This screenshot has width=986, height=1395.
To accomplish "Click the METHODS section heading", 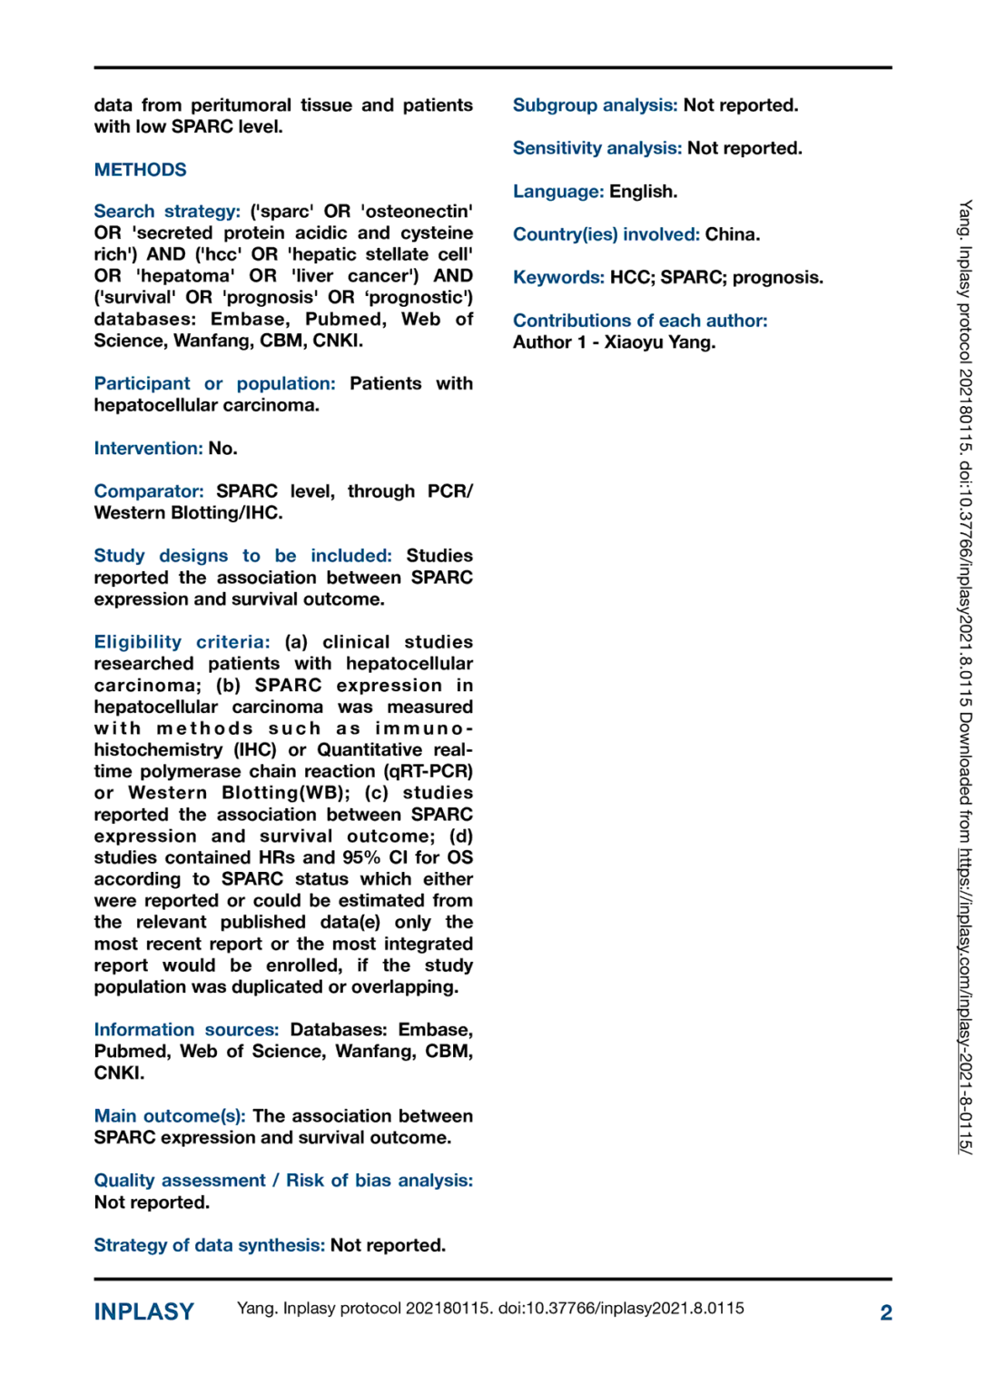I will (140, 170).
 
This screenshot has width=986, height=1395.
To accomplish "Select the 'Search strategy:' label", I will (167, 212).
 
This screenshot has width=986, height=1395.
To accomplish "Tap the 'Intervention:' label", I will (148, 449).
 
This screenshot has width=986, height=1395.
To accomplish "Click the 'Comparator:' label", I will (149, 491).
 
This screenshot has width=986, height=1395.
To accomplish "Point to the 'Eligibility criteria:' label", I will (182, 642).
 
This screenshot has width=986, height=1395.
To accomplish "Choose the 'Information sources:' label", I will (186, 1030).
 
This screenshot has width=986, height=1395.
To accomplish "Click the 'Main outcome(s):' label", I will (170, 1116).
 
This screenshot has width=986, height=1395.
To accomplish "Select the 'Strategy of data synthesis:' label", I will (209, 1245).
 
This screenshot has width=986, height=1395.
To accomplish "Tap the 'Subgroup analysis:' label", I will (595, 105).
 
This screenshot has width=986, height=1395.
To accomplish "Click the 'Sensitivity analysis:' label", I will (597, 148).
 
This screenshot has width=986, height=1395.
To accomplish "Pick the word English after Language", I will (643, 192).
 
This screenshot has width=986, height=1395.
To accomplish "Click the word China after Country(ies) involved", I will (732, 234).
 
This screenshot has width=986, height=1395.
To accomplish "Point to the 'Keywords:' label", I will (558, 277).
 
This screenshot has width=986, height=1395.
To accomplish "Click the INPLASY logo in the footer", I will (144, 1311).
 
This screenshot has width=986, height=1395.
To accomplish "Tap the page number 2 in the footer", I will (886, 1312).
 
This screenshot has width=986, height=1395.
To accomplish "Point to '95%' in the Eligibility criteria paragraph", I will (361, 857).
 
